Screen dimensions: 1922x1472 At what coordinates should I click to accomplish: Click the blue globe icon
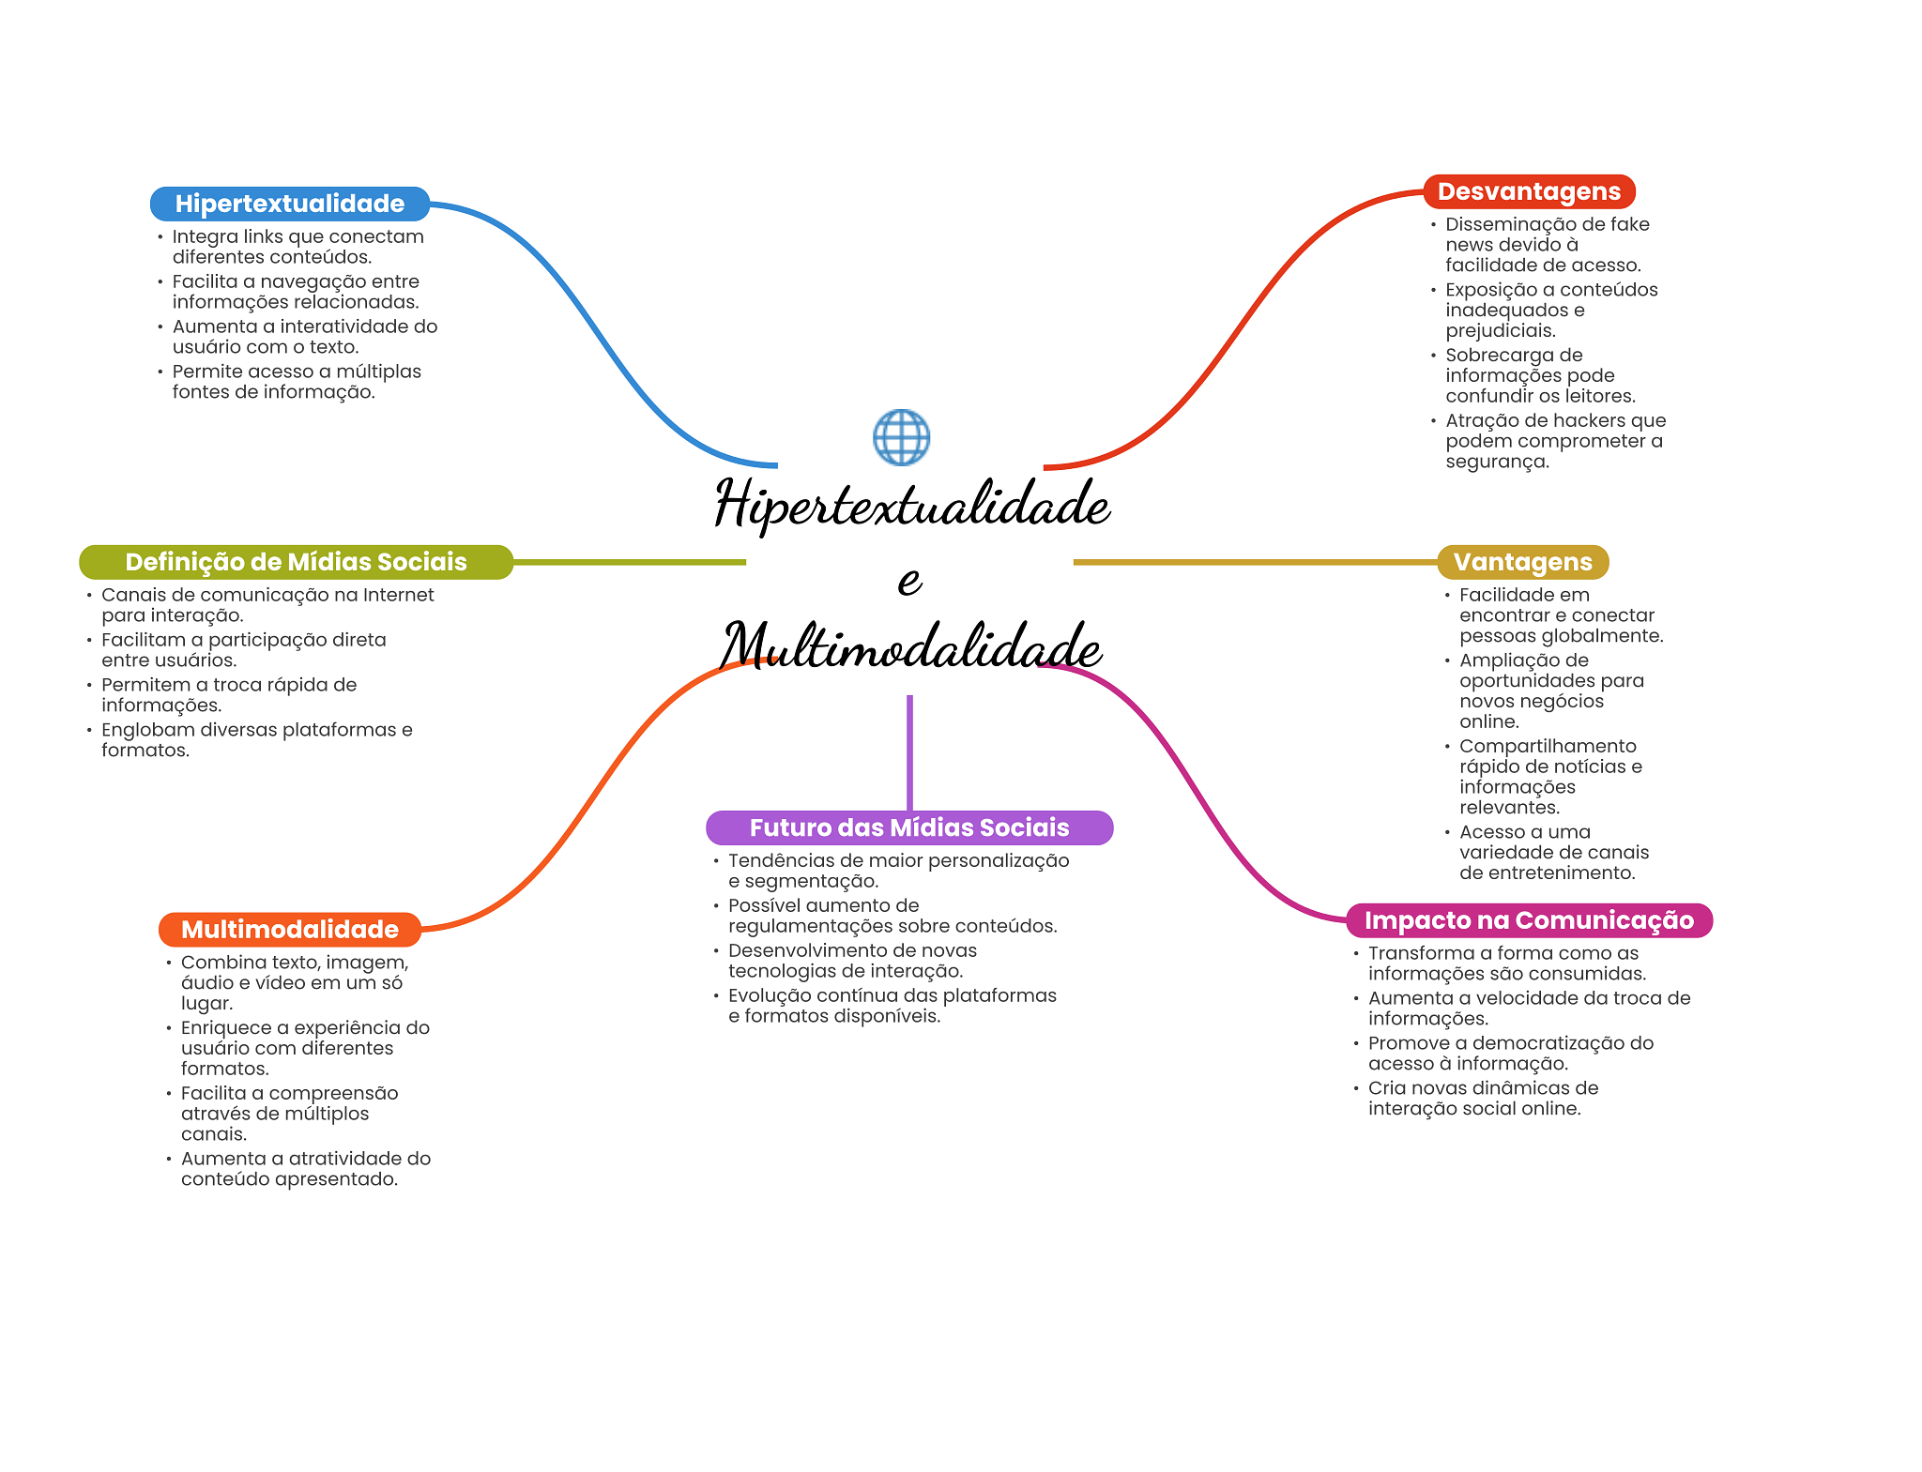coord(901,437)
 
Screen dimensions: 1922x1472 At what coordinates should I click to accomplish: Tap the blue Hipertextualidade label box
coord(290,204)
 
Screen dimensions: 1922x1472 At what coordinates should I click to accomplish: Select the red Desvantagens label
coord(1529,191)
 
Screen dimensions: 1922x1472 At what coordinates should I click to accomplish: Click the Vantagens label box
coord(1522,562)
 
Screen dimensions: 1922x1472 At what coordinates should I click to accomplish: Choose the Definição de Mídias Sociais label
coord(296,562)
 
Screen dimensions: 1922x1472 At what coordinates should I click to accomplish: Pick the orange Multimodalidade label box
coord(290,930)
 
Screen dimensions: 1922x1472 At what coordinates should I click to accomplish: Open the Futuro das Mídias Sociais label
coord(909,827)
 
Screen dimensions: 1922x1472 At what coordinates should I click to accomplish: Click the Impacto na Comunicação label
coord(1529,920)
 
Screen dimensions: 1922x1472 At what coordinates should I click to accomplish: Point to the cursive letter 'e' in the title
coord(909,581)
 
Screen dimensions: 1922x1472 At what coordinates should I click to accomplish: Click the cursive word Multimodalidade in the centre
coord(911,646)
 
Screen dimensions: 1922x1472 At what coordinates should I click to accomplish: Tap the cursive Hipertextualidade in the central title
coord(912,504)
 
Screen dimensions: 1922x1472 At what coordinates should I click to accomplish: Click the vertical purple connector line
coord(909,752)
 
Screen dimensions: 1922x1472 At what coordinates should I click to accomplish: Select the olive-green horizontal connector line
coord(630,562)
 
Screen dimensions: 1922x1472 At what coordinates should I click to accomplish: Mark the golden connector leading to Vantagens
coord(1255,562)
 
